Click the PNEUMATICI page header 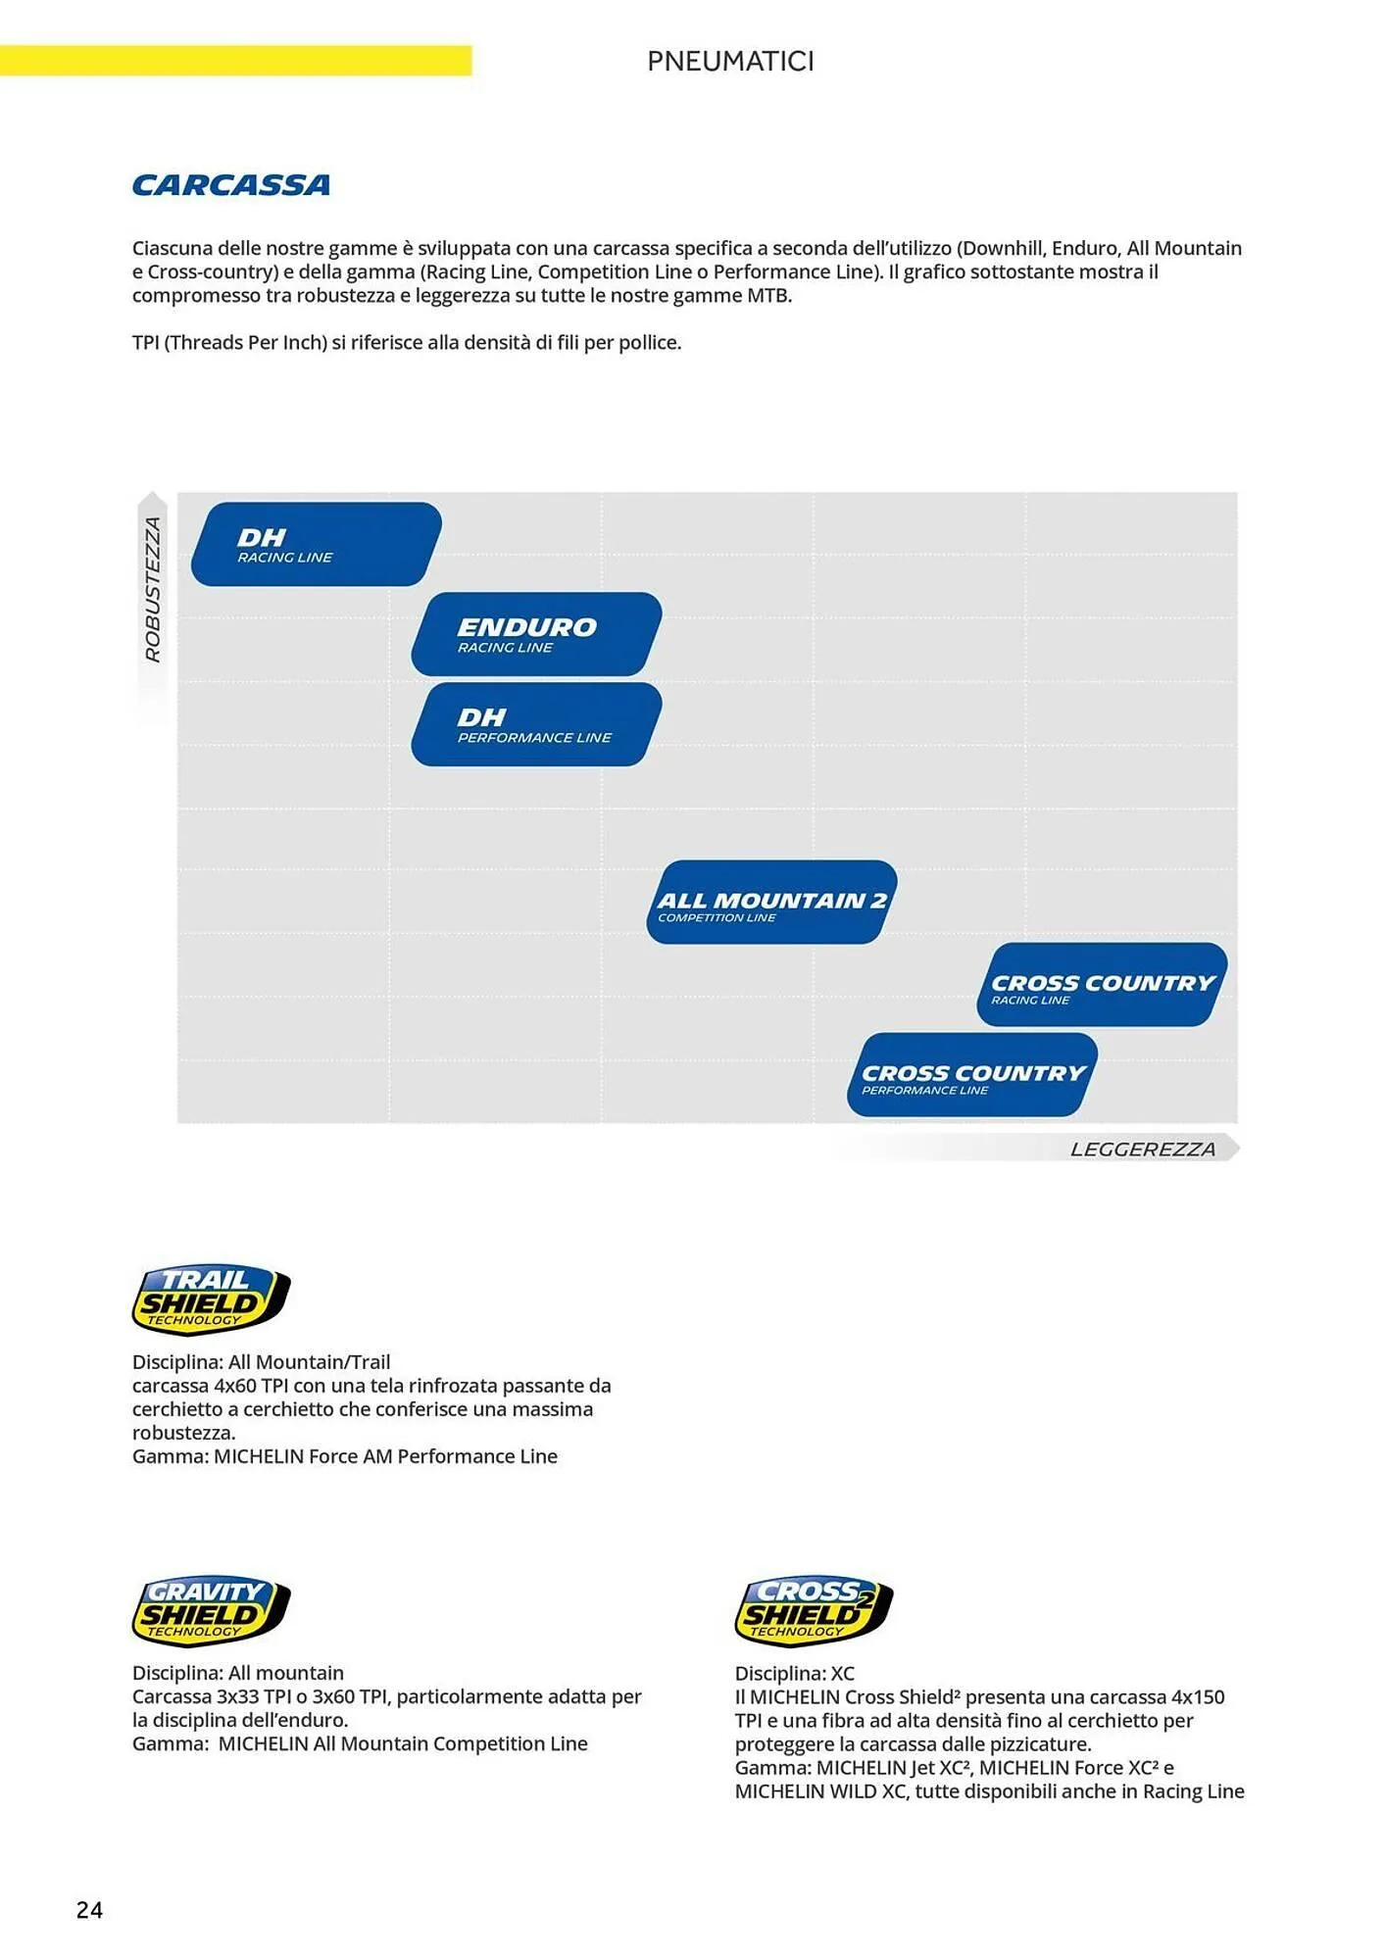tap(730, 61)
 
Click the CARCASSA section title tap(231, 185)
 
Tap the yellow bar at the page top tap(235, 60)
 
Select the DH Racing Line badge tap(316, 544)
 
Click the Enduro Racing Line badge tap(536, 634)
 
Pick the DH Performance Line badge tap(536, 724)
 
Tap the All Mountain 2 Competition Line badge tap(772, 903)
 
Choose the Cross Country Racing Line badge tap(1103, 985)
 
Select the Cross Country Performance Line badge tap(972, 1075)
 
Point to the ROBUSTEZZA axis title tap(153, 589)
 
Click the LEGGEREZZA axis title tap(1143, 1149)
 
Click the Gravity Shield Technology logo tap(211, 1611)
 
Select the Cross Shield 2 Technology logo tap(814, 1611)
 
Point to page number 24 tap(89, 1910)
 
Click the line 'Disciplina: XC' tap(795, 1673)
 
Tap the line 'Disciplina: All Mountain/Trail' tap(261, 1362)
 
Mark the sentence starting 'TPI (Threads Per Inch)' tap(407, 343)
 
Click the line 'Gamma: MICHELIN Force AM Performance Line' tap(345, 1456)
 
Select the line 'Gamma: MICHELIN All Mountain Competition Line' tap(360, 1743)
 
